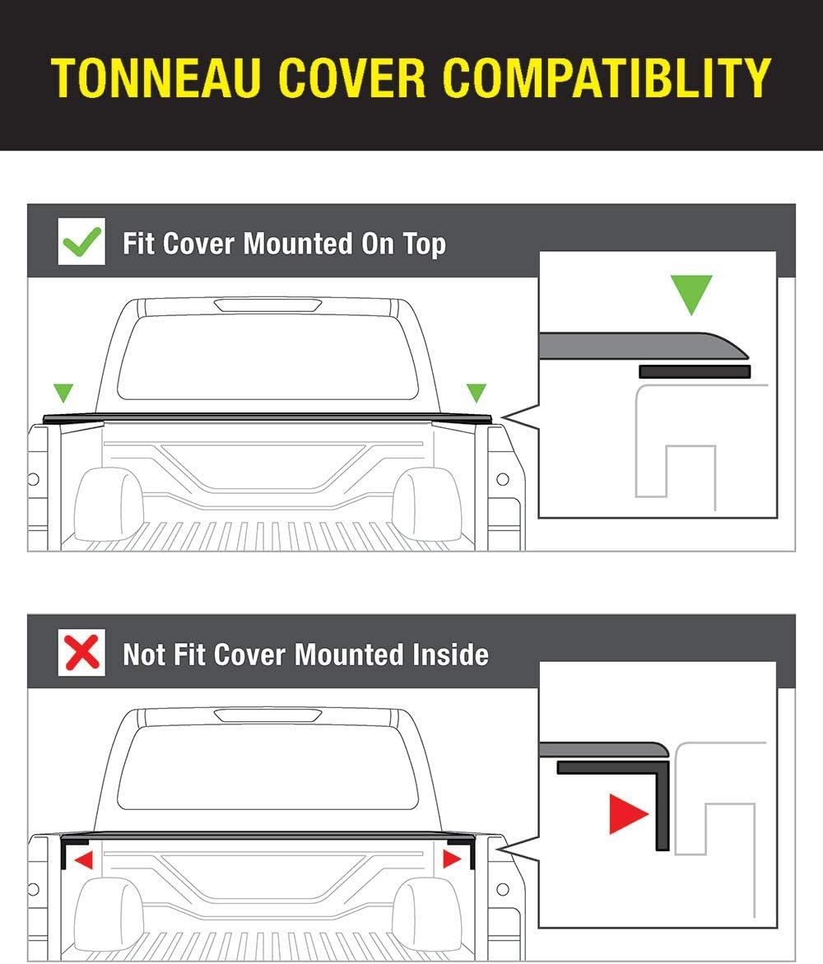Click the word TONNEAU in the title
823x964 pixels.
[156, 77]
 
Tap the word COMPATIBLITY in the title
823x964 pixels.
[607, 77]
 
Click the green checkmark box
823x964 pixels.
[81, 241]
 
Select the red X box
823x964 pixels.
[81, 652]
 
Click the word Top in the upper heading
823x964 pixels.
[424, 244]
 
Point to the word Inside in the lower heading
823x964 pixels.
[450, 654]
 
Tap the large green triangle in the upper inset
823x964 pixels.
[691, 292]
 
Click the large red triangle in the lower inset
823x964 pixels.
[627, 814]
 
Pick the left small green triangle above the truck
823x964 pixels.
[63, 392]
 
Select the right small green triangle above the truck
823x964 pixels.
[477, 392]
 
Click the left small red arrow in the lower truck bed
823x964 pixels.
[84, 859]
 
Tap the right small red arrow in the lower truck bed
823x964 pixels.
[451, 859]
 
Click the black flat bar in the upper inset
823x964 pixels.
[695, 371]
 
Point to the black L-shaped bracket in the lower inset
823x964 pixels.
[662, 799]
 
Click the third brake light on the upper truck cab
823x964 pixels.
[268, 305]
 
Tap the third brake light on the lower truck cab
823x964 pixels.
[268, 715]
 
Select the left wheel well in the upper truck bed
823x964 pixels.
[108, 503]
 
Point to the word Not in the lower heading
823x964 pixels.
[144, 654]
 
